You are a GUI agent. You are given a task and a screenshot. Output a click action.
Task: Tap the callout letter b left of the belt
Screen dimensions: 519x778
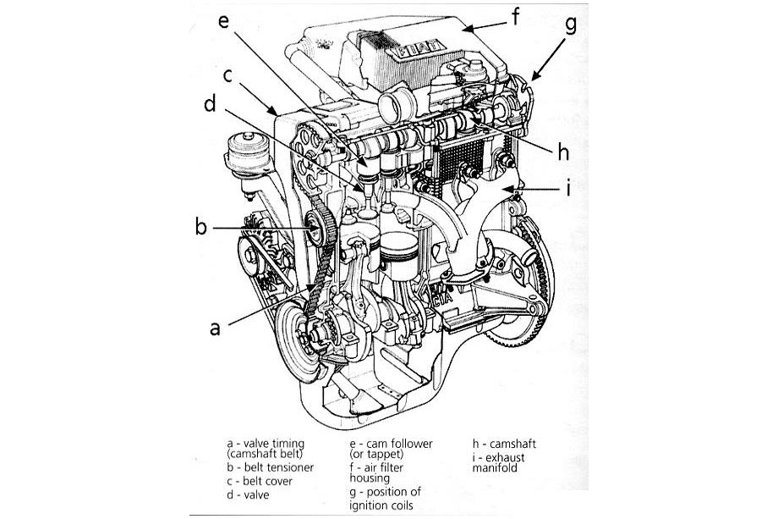201,228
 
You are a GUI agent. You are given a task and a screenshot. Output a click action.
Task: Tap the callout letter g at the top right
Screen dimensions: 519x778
571,24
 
